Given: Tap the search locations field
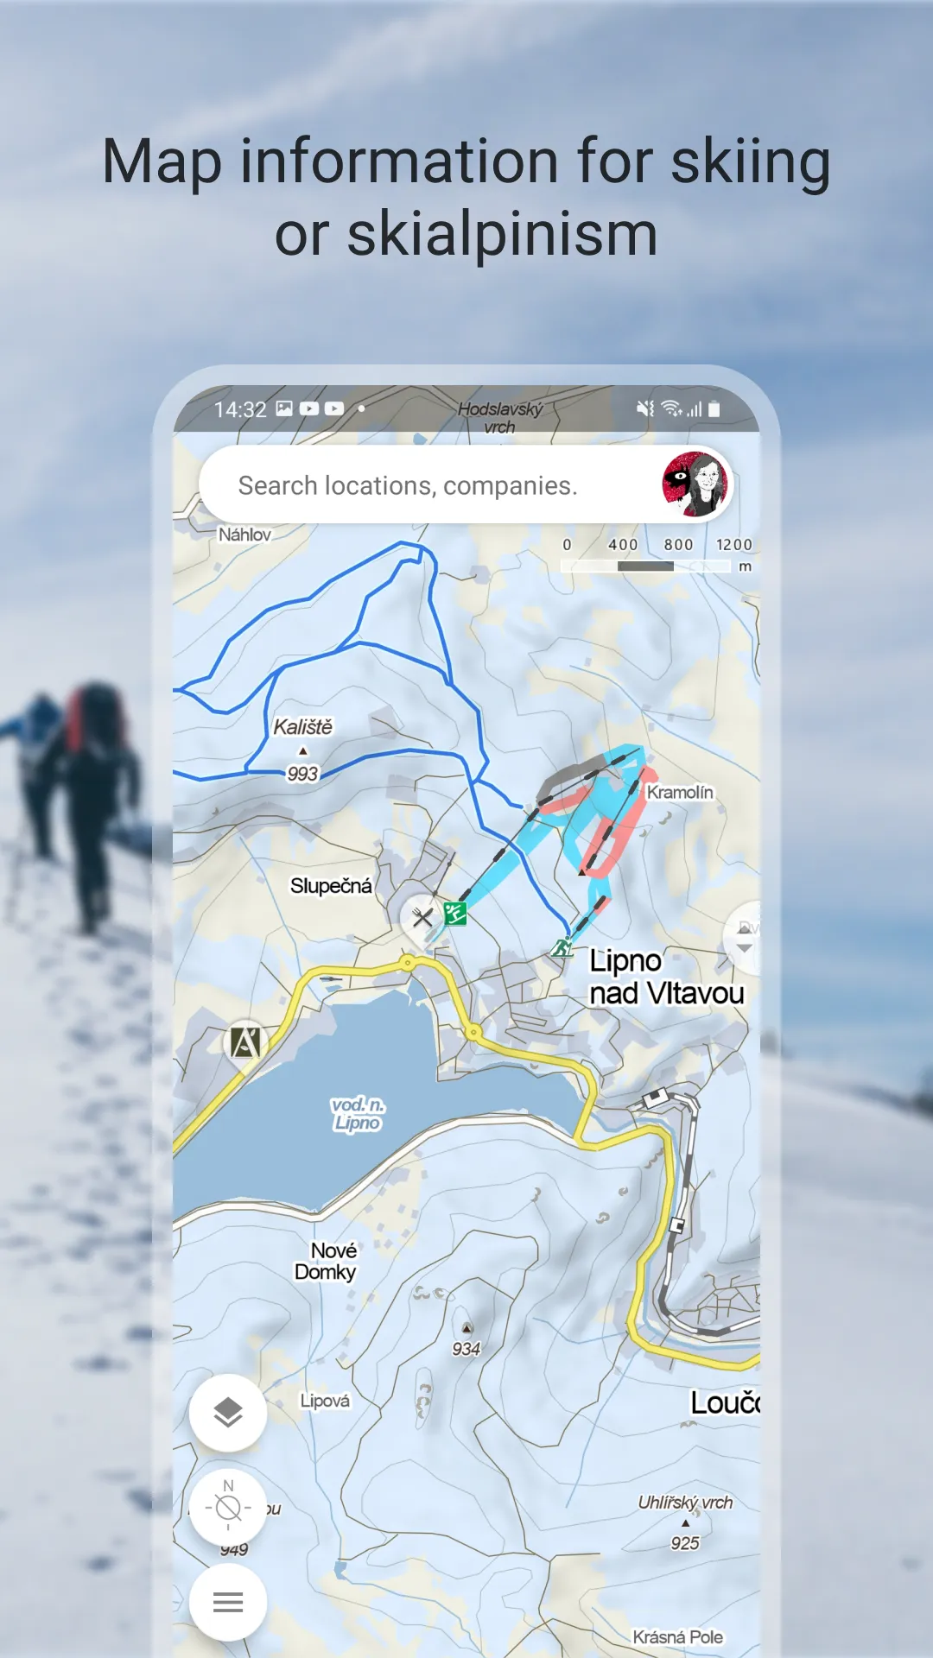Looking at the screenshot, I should coord(407,485).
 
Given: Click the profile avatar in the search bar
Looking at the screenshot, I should coord(695,484).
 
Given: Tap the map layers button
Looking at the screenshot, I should coord(228,1413).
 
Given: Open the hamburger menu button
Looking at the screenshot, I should coord(228,1603).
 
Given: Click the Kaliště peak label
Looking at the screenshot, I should coord(302,727).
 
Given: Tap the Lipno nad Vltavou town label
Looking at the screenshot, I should coord(665,978).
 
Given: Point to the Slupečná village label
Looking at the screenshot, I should coord(331,886).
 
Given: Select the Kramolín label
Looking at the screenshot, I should coord(680,793).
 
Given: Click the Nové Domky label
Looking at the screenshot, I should coord(327,1262).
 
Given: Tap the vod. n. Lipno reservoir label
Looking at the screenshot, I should coord(358,1114).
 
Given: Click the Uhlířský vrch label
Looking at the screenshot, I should coord(685,1503).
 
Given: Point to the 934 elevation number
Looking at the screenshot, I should coord(466,1349).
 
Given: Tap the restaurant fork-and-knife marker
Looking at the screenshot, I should coord(422,917).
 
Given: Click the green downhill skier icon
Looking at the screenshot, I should coord(455,913).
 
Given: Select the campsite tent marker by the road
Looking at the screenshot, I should coord(245,1042).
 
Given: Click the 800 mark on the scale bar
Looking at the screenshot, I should coord(678,545).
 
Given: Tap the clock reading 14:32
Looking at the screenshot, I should coord(240,409).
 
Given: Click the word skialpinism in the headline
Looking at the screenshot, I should coord(502,235).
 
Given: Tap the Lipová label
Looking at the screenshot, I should coord(325,1401).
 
